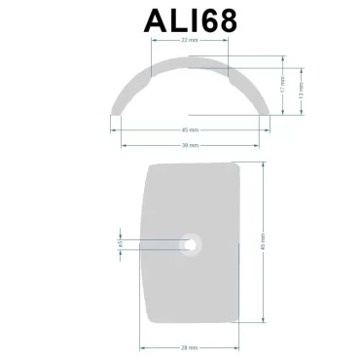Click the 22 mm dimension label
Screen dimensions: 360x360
point(189,40)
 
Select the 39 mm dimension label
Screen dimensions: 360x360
point(189,144)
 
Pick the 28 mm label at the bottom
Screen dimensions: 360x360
point(190,347)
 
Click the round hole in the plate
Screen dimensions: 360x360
point(192,243)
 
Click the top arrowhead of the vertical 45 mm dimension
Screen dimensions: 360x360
point(263,165)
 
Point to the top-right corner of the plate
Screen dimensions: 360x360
point(236,164)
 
